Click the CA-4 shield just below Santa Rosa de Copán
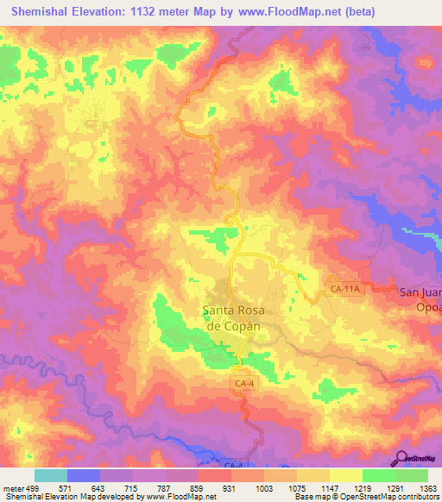click(x=244, y=383)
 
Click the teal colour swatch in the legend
click(x=50, y=476)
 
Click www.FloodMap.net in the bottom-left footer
click(x=180, y=497)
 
